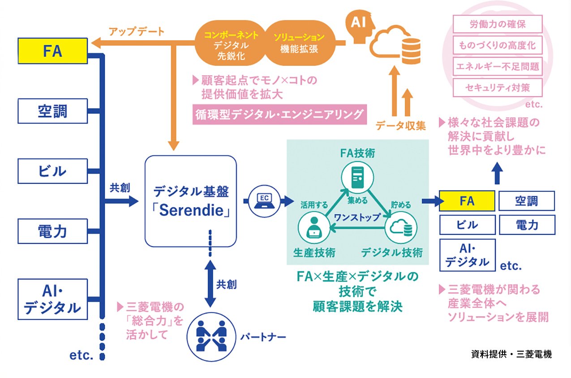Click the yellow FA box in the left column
click(x=52, y=51)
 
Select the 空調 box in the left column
click(x=52, y=110)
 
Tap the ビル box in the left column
click(x=52, y=171)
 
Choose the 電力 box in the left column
click(x=52, y=231)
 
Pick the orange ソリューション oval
click(x=299, y=43)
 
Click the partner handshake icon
click(x=210, y=336)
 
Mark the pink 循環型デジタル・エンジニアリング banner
click(x=279, y=115)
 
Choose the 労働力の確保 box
click(x=498, y=24)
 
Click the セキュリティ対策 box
click(x=498, y=88)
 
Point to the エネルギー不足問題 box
click(x=498, y=67)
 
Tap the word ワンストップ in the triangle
click(x=356, y=217)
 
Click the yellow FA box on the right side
click(x=467, y=201)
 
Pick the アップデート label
click(x=137, y=32)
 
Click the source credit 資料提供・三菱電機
click(x=511, y=354)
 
